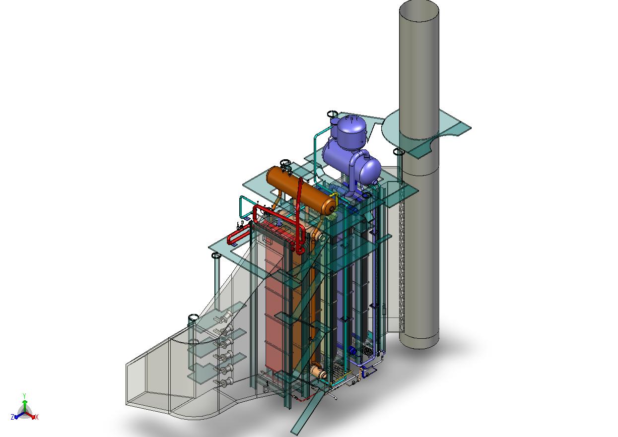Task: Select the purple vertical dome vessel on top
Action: [350, 130]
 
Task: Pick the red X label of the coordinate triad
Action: [37, 417]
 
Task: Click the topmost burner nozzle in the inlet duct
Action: [226, 318]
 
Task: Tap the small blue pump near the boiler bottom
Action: [353, 351]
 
